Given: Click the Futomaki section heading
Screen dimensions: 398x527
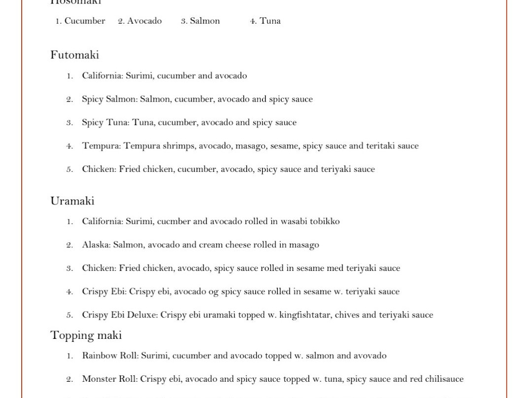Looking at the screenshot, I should pyautogui.click(x=74, y=55).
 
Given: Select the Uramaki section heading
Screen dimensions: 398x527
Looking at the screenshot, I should pyautogui.click(x=72, y=201).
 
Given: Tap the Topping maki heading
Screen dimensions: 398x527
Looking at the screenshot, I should pyautogui.click(x=86, y=335).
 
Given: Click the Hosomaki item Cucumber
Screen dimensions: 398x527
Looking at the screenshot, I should pyautogui.click(x=84, y=21).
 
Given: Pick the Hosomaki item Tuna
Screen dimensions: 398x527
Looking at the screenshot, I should pyautogui.click(x=270, y=21).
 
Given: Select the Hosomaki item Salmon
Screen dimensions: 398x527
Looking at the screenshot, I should pyautogui.click(x=204, y=21).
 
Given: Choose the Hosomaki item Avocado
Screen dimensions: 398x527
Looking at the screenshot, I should pyautogui.click(x=144, y=21).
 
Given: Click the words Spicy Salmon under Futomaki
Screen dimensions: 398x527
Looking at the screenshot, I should pyautogui.click(x=109, y=99).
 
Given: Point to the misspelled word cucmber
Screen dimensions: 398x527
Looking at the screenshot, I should pyautogui.click(x=173, y=221).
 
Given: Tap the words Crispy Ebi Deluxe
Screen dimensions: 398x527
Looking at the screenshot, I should pyautogui.click(x=119, y=315).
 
